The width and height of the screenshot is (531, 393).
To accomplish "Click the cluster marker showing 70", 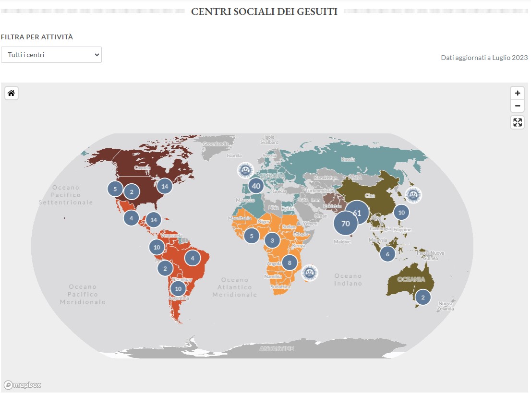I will click(x=346, y=224).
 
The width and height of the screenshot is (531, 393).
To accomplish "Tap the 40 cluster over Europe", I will click(x=256, y=186).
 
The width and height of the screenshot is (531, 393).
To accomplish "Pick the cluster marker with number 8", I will click(x=290, y=262).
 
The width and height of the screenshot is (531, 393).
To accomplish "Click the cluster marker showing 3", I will click(x=272, y=240).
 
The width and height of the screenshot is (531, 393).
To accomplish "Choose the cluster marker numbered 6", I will click(x=387, y=254).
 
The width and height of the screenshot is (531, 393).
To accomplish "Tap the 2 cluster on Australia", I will click(x=423, y=297).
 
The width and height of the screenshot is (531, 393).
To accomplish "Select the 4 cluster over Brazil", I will click(x=193, y=258).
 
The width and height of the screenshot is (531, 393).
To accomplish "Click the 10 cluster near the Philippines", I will click(x=401, y=212).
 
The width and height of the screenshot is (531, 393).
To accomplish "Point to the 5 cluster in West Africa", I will click(x=252, y=236).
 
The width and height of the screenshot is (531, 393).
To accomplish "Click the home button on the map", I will click(x=11, y=93).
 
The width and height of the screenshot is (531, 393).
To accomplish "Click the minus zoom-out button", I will click(x=517, y=106).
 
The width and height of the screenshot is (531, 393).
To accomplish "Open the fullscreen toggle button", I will click(x=517, y=122).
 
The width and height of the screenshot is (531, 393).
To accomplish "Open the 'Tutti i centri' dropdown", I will click(x=51, y=55).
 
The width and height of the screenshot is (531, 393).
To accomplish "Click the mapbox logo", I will click(x=23, y=385).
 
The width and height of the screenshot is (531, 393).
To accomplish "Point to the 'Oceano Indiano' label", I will click(x=348, y=279).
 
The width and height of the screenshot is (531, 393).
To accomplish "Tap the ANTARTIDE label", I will click(x=277, y=348).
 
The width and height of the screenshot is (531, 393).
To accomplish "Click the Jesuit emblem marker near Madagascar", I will click(x=310, y=273).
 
